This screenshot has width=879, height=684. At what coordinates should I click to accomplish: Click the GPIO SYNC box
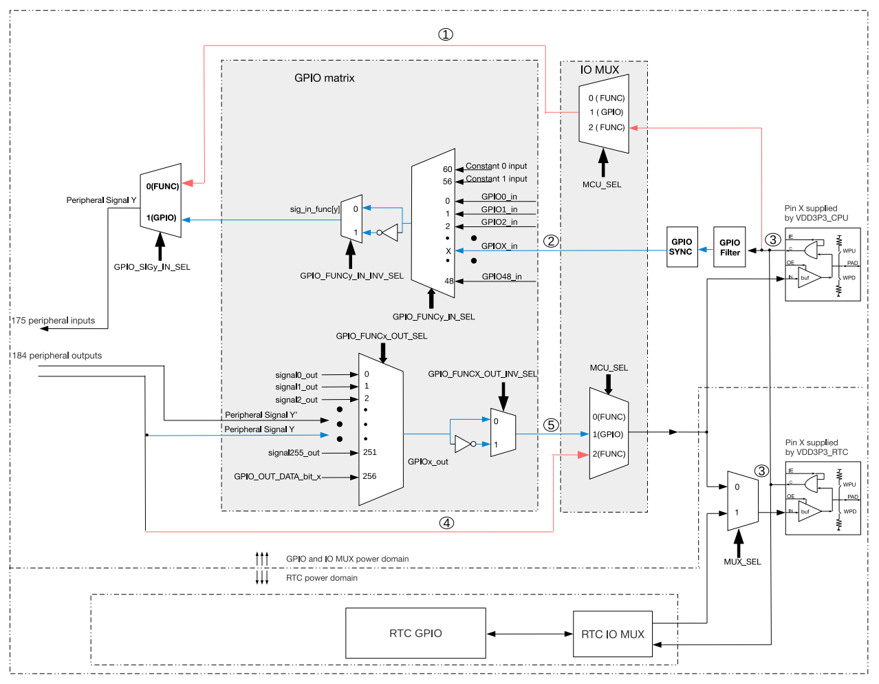click(x=682, y=247)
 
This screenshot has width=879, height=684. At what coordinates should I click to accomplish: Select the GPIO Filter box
click(x=730, y=247)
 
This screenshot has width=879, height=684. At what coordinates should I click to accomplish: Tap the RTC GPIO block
click(x=415, y=633)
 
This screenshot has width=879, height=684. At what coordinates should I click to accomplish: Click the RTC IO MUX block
click(x=613, y=634)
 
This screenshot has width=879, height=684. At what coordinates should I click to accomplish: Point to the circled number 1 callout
click(x=446, y=34)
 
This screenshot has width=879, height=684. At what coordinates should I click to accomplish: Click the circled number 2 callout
click(x=551, y=241)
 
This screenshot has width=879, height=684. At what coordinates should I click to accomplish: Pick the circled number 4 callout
click(x=446, y=523)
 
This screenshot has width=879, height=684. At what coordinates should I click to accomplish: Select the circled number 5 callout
click(x=551, y=425)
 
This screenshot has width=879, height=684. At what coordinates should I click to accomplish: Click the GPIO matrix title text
click(x=325, y=78)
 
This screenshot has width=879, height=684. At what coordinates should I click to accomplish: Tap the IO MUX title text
click(x=600, y=70)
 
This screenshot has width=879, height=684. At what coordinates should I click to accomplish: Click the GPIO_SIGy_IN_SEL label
click(x=152, y=267)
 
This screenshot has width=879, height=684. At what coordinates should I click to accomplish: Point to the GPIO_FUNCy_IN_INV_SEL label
click(x=351, y=276)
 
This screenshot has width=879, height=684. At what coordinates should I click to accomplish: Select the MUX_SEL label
click(x=742, y=562)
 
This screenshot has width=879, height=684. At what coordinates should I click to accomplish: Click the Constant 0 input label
click(x=497, y=166)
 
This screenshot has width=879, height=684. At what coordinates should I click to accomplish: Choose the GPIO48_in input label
click(x=501, y=277)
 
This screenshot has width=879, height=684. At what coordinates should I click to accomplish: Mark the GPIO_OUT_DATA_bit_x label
click(x=277, y=476)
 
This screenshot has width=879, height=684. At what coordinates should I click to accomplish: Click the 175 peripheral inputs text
click(x=53, y=321)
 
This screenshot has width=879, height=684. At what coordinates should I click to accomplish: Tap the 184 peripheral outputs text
click(x=56, y=356)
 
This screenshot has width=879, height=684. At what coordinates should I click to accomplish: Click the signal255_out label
click(x=294, y=453)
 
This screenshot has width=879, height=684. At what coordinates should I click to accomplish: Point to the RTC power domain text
click(x=322, y=578)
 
